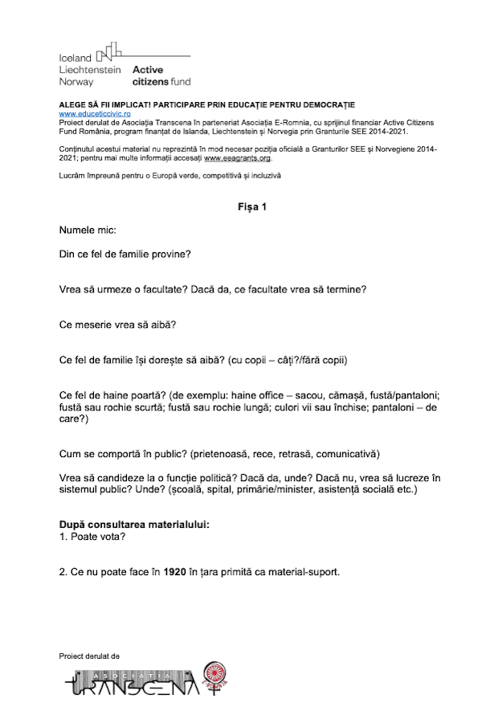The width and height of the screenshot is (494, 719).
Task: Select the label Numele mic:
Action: click(x=88, y=231)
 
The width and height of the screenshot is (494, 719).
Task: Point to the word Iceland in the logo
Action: click(x=76, y=59)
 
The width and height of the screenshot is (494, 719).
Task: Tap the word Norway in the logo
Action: click(x=76, y=81)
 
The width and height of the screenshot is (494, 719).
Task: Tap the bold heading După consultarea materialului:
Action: click(x=134, y=525)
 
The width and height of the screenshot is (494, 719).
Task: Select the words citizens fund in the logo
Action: click(x=161, y=81)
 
